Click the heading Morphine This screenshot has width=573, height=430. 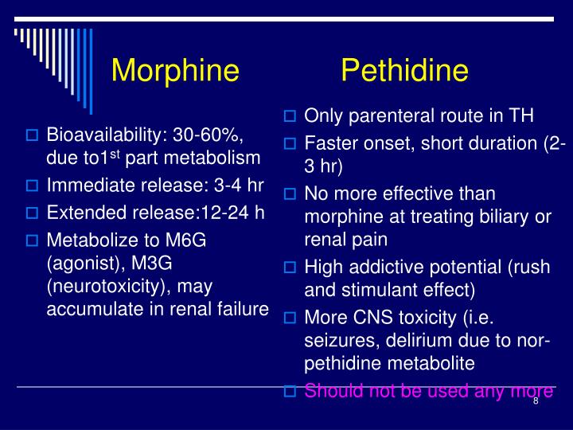175,71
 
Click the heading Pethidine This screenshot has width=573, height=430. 404,71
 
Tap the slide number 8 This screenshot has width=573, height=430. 536,401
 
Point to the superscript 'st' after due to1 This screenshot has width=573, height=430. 115,153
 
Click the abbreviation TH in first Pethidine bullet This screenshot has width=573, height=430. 521,115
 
